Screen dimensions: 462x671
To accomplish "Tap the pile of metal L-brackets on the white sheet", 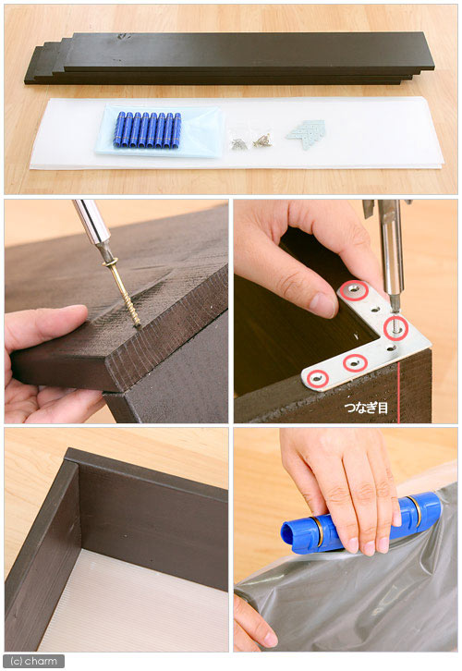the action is click(x=306, y=133).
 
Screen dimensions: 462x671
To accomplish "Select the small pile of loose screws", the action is click(x=251, y=141).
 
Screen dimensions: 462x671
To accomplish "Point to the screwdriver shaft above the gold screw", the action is click(x=93, y=226).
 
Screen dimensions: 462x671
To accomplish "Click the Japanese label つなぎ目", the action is click(x=366, y=408).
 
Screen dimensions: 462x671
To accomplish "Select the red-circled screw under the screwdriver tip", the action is click(x=395, y=328).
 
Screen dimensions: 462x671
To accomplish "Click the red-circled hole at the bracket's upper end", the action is click(x=354, y=291).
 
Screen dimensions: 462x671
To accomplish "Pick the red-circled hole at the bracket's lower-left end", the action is click(x=317, y=379).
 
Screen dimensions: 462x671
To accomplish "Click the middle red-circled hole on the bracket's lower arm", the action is click(x=355, y=364).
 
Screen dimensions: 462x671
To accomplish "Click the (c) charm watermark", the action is click(x=34, y=661).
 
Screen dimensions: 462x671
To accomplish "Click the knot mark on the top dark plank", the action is click(x=124, y=37).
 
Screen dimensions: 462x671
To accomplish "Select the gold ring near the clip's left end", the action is click(x=317, y=531).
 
